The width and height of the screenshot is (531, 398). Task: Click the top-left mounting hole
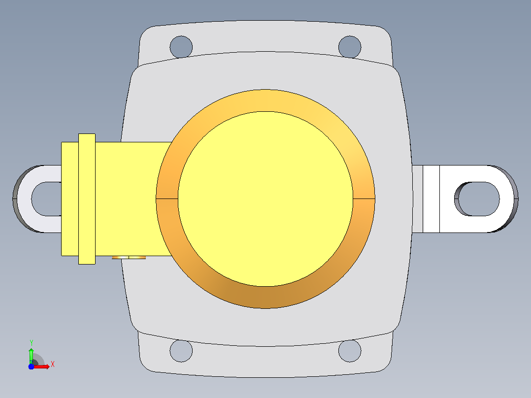point(181,47)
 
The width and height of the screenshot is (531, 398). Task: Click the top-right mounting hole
point(350,47)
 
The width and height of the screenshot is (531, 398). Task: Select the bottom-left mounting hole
point(181,351)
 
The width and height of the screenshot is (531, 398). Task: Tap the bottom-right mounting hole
point(350,351)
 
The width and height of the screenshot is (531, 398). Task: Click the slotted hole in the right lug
point(477,199)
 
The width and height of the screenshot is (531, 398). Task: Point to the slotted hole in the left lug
point(46,199)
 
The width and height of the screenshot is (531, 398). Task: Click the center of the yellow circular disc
point(265,199)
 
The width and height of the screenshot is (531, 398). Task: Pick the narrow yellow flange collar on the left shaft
point(87,199)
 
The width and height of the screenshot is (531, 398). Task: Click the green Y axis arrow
point(31,356)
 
